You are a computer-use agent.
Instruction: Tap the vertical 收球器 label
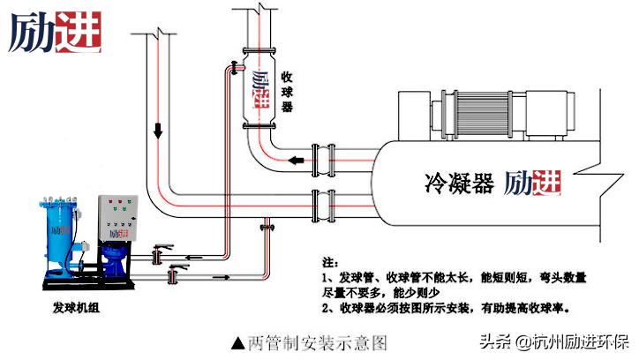(286, 94)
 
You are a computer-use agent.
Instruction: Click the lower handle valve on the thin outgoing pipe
(173, 275)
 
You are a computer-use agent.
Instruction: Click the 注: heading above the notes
(330, 263)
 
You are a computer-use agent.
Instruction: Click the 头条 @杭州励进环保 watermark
(553, 341)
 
